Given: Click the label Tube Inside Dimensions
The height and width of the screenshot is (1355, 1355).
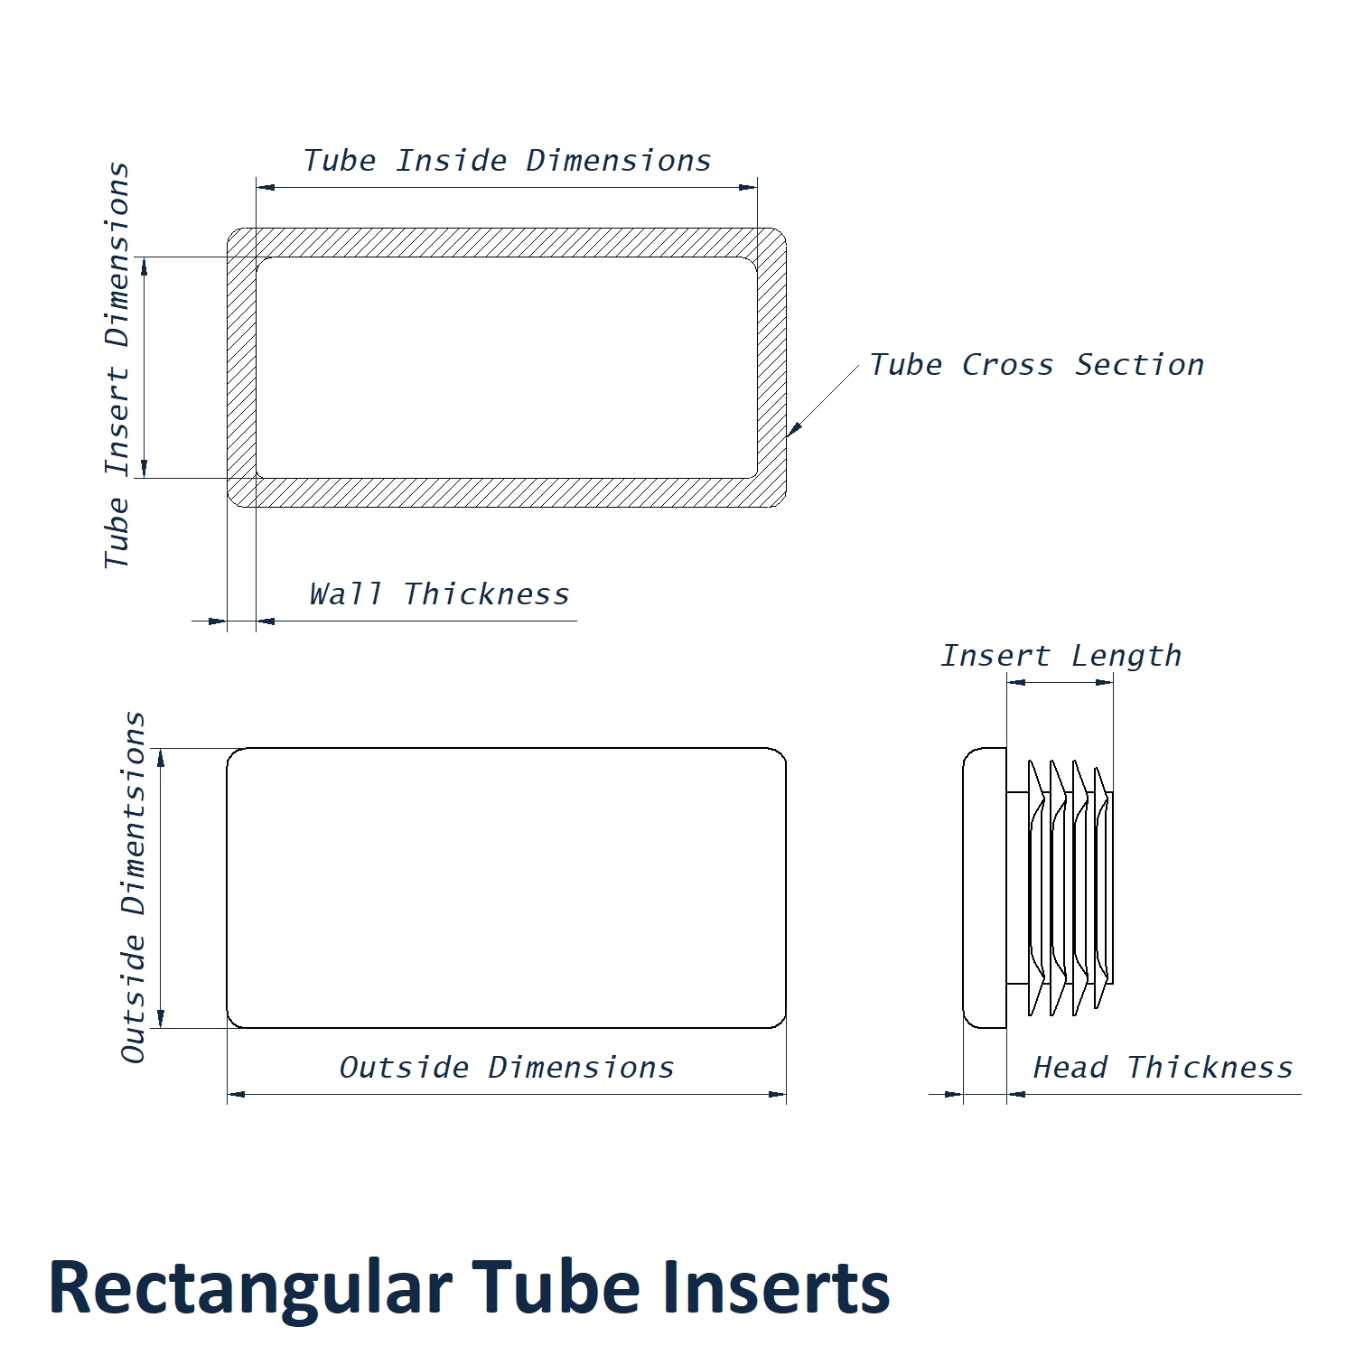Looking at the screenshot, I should coord(507,161).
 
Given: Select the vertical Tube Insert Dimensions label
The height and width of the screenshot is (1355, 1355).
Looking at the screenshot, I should coord(117,365).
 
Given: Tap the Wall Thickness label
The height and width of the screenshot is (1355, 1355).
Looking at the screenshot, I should coord(439,594).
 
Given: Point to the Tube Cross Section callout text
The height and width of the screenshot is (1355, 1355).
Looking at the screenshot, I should coord(1036,365).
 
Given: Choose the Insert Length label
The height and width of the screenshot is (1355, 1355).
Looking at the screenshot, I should coord(1061,656).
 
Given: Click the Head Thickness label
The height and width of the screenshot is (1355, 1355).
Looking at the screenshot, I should coord(1163,1068).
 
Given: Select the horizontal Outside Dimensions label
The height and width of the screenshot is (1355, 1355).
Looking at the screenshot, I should coord(506,1068).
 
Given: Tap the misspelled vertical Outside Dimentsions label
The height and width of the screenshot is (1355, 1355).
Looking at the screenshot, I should coord(134,887).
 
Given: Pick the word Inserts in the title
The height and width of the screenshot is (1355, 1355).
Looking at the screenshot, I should coord(776,1288).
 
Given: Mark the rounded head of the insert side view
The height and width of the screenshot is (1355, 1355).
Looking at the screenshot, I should coord(985,887).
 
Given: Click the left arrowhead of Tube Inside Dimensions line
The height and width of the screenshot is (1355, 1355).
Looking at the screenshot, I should coord(266,188).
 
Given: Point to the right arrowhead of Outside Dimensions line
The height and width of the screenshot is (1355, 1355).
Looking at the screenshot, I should coord(778,1095).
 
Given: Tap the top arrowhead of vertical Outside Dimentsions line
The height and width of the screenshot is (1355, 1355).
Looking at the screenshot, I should coord(162,757).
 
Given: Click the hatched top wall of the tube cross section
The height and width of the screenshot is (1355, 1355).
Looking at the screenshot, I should coord(506,242).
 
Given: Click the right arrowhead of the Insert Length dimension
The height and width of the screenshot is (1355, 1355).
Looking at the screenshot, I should coord(1105,683).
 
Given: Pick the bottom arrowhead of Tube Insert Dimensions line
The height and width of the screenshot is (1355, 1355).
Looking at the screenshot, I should coord(145,469).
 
